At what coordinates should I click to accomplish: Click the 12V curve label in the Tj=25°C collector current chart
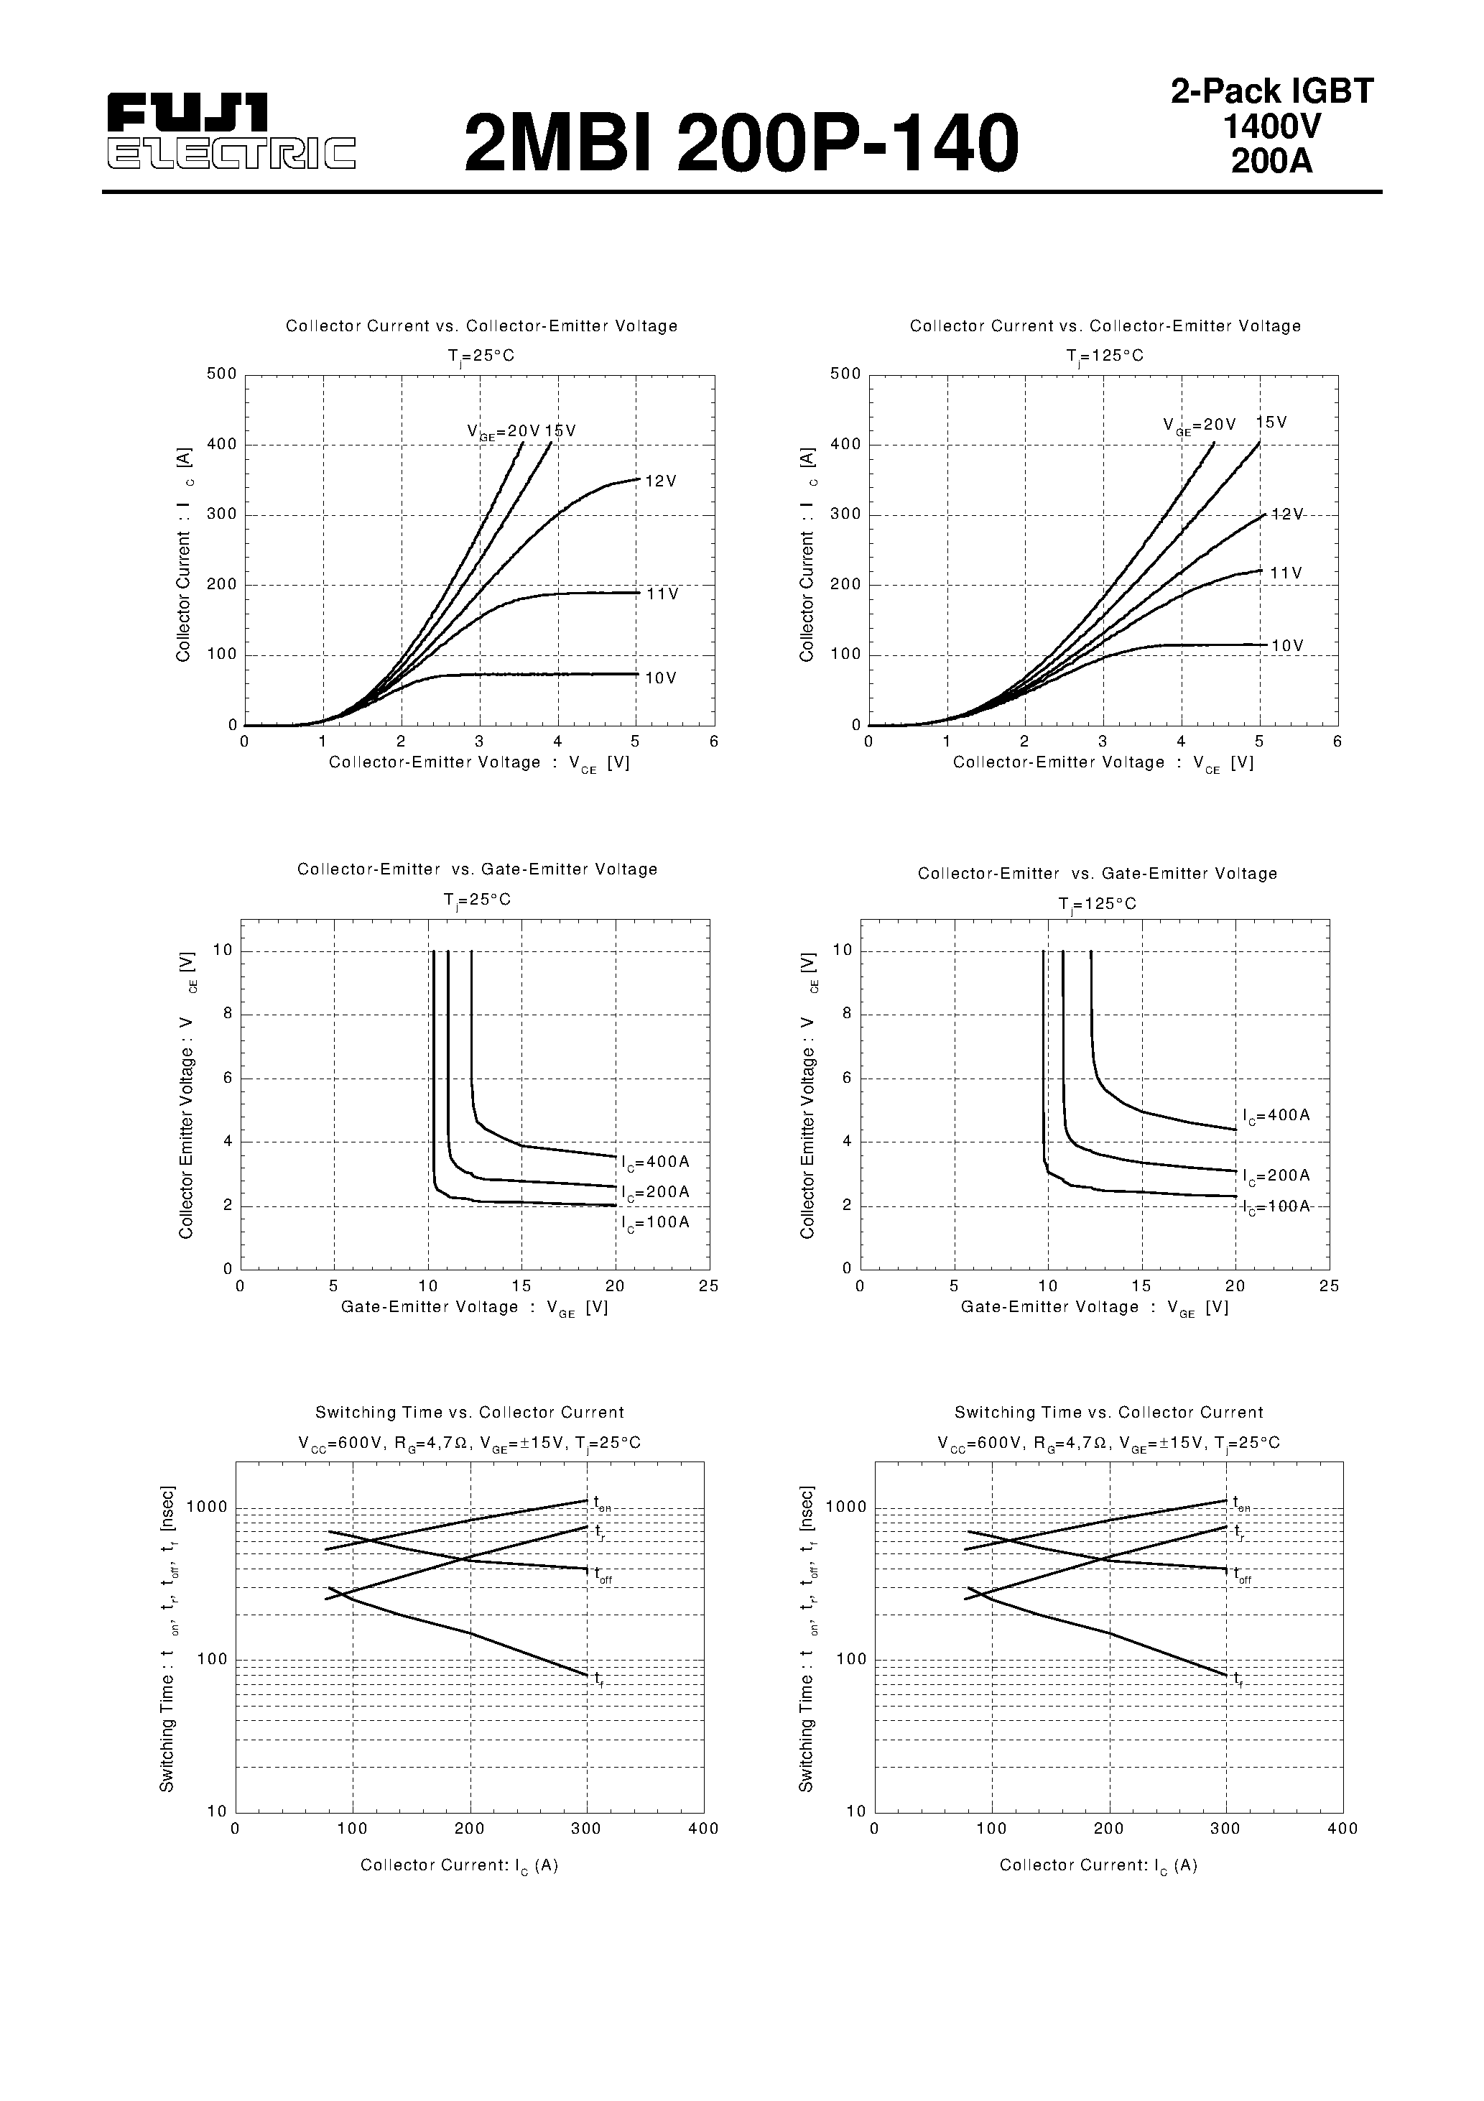(x=661, y=481)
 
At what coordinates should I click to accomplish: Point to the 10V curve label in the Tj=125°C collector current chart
(x=1286, y=646)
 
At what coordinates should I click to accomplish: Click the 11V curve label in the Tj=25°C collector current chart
(x=662, y=594)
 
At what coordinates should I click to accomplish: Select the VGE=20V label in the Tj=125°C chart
(x=1199, y=425)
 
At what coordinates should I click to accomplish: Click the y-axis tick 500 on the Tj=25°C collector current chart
(x=221, y=374)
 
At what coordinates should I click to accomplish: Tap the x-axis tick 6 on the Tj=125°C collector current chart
(x=1337, y=742)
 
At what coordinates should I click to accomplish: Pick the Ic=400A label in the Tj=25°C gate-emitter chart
(x=655, y=1162)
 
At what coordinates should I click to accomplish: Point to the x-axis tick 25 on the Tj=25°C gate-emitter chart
(x=708, y=1285)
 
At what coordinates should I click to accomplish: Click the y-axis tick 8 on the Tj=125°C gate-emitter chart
(x=847, y=1014)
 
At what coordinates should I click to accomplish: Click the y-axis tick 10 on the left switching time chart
(x=217, y=1811)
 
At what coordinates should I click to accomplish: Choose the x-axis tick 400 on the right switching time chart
(x=1342, y=1828)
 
